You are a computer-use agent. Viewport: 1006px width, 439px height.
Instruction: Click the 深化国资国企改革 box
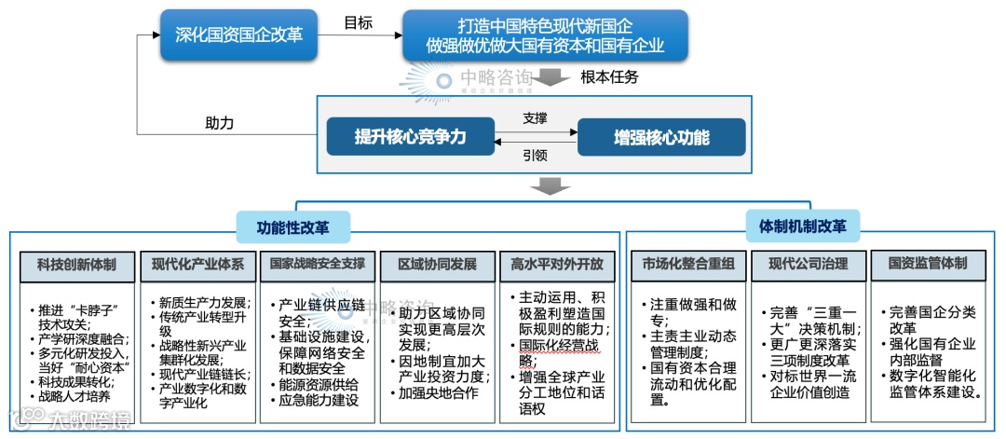[239, 34]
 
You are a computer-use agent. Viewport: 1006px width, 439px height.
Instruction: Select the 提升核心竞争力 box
[409, 137]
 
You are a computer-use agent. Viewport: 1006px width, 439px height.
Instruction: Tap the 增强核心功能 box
[661, 137]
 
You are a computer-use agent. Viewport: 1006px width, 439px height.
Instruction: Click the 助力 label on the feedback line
[219, 123]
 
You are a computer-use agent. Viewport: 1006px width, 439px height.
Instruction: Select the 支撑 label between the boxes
[535, 118]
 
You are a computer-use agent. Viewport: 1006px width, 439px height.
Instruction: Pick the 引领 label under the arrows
[535, 156]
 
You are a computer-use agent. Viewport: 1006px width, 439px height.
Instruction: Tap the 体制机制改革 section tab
[802, 226]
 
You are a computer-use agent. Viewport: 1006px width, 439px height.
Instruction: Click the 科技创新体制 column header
[77, 265]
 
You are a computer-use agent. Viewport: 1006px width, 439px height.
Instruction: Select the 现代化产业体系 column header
[197, 265]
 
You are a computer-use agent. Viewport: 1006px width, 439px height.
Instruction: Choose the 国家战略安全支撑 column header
[318, 265]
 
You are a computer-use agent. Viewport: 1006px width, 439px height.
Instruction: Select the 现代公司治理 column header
[808, 265]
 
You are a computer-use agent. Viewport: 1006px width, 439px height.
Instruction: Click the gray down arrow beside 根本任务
[552, 78]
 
